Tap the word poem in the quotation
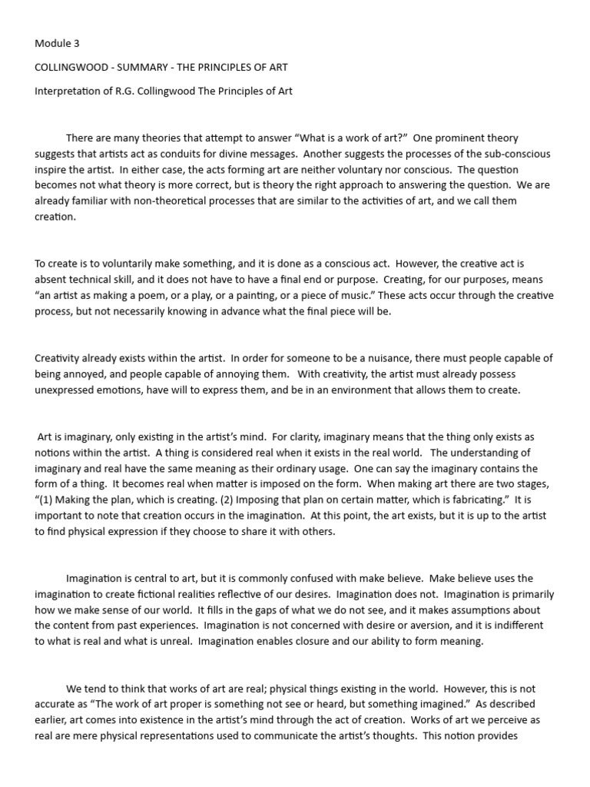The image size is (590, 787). click(147, 296)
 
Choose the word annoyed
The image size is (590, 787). click(100, 374)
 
